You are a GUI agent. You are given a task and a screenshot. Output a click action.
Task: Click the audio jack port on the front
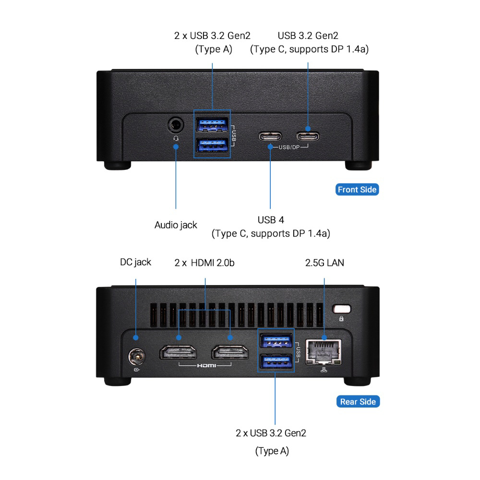pyautogui.click(x=176, y=126)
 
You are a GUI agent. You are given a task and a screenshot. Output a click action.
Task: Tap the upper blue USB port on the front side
pyautogui.click(x=212, y=124)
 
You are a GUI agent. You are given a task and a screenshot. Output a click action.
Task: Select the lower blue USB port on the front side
pyautogui.click(x=212, y=144)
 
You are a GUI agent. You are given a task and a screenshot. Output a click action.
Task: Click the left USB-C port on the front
pyautogui.click(x=270, y=135)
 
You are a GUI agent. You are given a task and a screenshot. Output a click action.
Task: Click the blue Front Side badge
pyautogui.click(x=357, y=190)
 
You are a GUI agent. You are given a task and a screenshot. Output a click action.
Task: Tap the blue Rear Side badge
pyautogui.click(x=358, y=402)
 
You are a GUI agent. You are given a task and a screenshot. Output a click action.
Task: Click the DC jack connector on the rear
pyautogui.click(x=137, y=357)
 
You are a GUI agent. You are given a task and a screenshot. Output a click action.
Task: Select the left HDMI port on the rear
pyautogui.click(x=178, y=353)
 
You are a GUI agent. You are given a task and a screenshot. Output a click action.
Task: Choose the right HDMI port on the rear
pyautogui.click(x=230, y=353)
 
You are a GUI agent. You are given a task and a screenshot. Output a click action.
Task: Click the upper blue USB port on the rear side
pyautogui.click(x=276, y=341)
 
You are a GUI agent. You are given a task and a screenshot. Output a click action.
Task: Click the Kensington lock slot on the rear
pyautogui.click(x=341, y=309)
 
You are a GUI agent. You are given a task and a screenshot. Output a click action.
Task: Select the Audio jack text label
pyautogui.click(x=176, y=225)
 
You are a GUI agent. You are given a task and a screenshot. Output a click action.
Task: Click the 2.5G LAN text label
pyautogui.click(x=324, y=263)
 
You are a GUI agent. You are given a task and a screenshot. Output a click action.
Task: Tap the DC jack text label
pyautogui.click(x=135, y=262)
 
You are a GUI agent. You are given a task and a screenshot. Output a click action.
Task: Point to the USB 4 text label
pyautogui.click(x=271, y=220)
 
